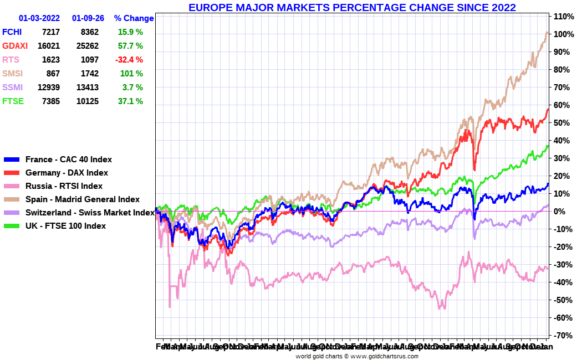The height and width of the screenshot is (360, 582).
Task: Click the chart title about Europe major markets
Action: coord(352,8)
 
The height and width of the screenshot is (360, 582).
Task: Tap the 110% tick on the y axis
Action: coord(564,17)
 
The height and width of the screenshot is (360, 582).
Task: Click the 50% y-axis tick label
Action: coord(563,123)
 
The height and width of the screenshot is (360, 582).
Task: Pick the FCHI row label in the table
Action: coord(12,32)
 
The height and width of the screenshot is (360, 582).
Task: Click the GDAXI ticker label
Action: coord(14,46)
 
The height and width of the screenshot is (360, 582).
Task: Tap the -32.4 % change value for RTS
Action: coord(129,60)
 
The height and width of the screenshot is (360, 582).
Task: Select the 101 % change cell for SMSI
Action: coord(131,74)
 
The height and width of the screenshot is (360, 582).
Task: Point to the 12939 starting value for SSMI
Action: coord(48,88)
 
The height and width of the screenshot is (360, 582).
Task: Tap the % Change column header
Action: coord(134,18)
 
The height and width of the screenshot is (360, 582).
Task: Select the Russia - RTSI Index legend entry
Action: coord(64,186)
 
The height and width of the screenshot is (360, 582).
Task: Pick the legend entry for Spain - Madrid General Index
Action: coord(82,199)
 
